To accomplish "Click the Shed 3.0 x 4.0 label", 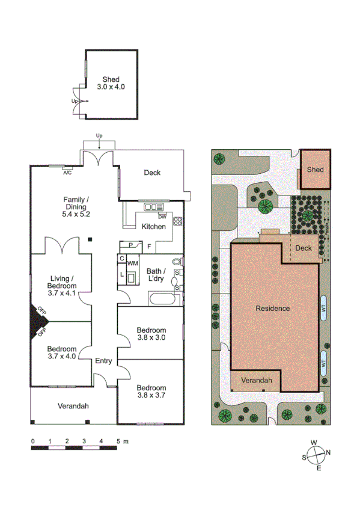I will pos(111,83).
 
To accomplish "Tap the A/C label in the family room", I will pos(67,173).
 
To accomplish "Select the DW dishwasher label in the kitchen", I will pos(162,217).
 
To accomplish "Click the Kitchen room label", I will pos(153,227).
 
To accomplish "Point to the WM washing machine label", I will pos(132,263).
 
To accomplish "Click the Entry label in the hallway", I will pos(103,361).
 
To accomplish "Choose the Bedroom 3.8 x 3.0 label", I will pos(151,334).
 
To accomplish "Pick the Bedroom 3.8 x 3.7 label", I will pos(151,392).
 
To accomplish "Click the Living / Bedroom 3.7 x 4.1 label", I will pos(61,282).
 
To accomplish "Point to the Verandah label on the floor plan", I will pos(73,406).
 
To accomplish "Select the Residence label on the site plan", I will pos(273,309).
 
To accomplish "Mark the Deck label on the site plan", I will pos(304,247).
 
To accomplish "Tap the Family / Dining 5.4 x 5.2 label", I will pos(76,206).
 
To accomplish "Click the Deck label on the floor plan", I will pos(152,173).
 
